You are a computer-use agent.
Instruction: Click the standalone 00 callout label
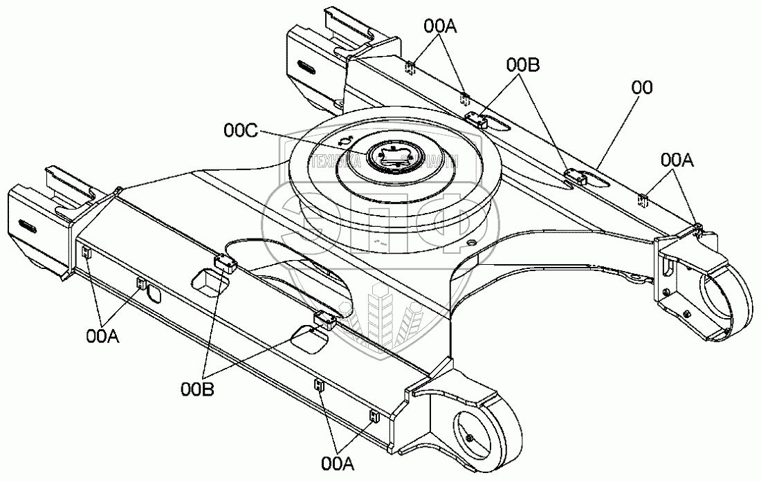(643, 87)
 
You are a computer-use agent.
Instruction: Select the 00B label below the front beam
(197, 389)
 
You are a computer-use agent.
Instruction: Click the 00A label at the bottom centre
(338, 462)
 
